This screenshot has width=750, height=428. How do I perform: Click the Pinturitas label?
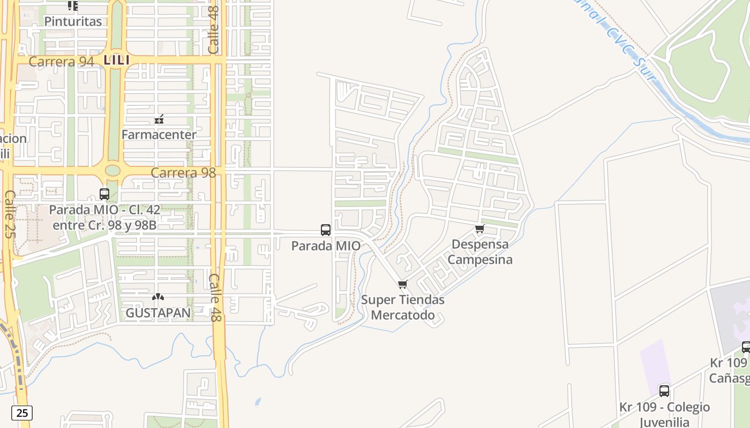tap(73, 21)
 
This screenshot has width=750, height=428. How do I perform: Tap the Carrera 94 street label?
tap(61, 62)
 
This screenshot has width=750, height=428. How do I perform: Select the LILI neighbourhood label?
tap(117, 60)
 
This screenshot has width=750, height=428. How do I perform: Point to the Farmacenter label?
tap(159, 134)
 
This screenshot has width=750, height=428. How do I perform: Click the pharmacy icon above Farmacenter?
tap(159, 119)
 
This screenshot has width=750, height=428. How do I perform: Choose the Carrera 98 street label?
tap(183, 172)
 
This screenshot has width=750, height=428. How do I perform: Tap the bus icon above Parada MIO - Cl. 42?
tap(104, 194)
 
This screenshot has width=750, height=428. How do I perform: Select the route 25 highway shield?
tap(22, 413)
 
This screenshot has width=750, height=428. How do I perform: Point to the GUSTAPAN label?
tap(158, 312)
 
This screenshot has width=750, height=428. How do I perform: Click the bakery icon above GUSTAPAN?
tap(157, 297)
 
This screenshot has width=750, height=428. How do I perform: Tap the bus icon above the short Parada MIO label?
tap(326, 230)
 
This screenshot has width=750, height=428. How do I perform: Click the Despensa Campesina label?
tap(480, 252)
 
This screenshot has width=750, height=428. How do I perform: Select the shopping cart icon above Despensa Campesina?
tap(479, 229)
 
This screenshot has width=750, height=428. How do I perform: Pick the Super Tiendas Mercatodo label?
tap(403, 307)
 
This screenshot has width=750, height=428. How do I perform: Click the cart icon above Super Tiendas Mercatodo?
tap(403, 284)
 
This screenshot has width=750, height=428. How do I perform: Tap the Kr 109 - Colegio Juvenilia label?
tap(664, 414)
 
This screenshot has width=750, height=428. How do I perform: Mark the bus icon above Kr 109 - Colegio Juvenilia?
tap(664, 391)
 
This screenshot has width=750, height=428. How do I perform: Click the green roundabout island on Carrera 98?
tap(112, 170)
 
